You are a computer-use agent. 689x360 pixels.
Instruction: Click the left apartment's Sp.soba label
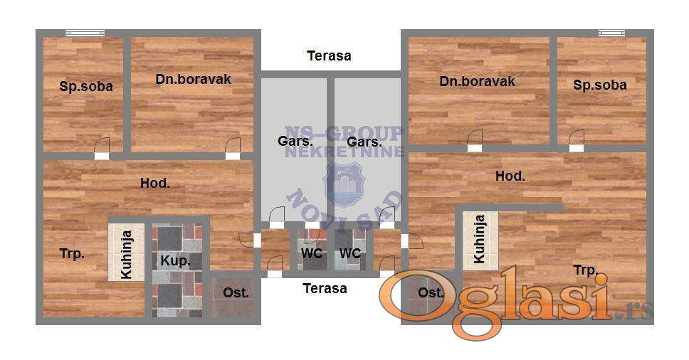[x=86, y=86]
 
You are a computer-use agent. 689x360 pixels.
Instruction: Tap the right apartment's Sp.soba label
[x=600, y=85]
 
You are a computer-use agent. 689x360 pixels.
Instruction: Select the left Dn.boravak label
[x=194, y=79]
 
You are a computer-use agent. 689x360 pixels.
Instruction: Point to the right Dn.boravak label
[x=477, y=81]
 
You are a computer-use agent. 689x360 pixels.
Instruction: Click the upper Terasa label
[x=329, y=55]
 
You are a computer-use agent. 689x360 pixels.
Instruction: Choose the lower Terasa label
[x=325, y=288]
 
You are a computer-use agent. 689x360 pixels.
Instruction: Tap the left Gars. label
[x=295, y=142]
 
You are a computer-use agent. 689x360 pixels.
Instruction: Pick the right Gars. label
[x=364, y=142]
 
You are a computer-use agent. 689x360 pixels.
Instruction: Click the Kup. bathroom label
[x=175, y=261]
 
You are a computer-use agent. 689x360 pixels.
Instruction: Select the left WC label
[x=312, y=253]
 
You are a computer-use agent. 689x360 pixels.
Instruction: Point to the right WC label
[x=350, y=253]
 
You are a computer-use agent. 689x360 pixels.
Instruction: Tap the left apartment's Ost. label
[x=236, y=293]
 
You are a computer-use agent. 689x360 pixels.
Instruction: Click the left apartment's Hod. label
[x=155, y=183]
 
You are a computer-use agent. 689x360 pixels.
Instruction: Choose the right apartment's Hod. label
[x=510, y=176]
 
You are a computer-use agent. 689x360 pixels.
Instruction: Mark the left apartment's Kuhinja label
[x=126, y=255]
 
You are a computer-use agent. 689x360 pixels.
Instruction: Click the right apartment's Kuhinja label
[x=480, y=239]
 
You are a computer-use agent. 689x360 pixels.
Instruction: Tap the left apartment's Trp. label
[x=72, y=254]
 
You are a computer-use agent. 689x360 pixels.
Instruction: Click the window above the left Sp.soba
[x=85, y=33]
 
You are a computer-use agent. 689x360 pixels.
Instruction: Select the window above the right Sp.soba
[x=611, y=33]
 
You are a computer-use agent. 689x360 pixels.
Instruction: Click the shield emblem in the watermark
[x=344, y=185]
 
